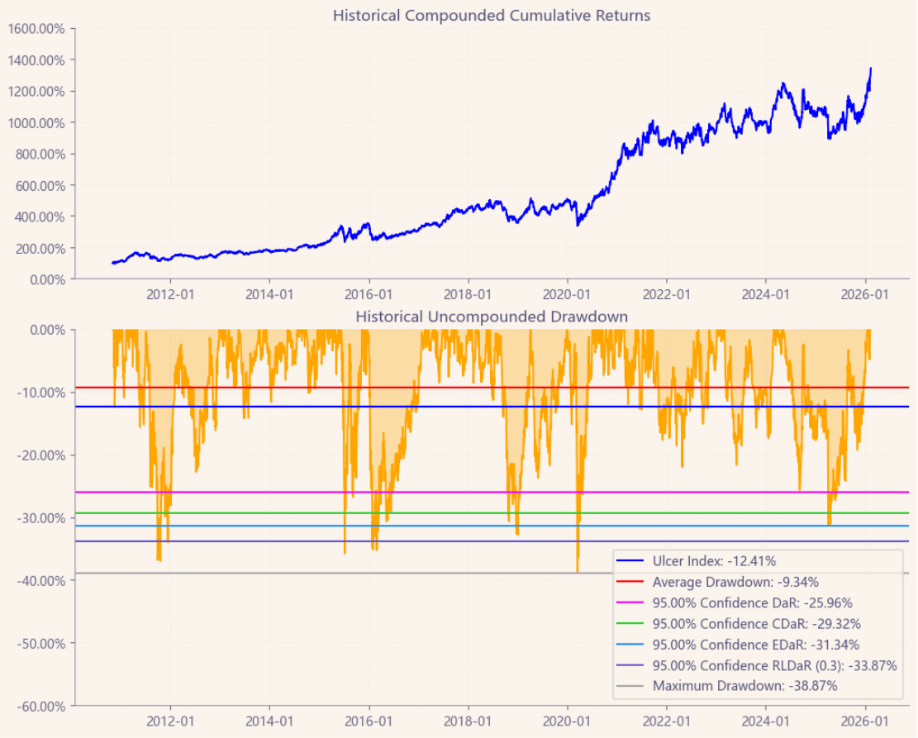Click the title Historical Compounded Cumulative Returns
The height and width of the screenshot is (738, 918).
coord(492,16)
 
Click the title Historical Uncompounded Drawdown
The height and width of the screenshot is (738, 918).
coord(492,317)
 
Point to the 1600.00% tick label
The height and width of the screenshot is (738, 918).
coord(37,29)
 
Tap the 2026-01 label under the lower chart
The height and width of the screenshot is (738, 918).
coord(865,721)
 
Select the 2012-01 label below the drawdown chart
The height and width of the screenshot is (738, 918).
coord(171,721)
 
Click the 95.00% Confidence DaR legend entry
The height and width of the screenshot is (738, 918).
coord(752,603)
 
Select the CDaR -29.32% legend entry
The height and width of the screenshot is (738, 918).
coord(756,624)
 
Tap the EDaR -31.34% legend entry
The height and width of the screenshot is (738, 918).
coord(756,645)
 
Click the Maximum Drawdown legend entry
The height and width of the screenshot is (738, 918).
coord(744,686)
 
